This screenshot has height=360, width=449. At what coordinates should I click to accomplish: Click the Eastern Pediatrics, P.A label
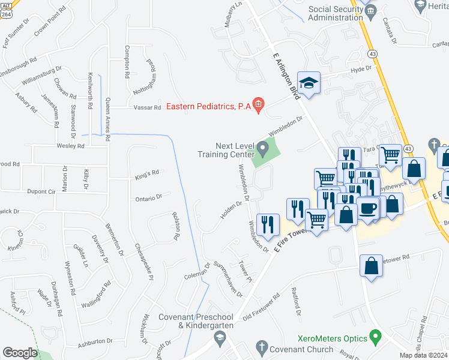click(208, 106)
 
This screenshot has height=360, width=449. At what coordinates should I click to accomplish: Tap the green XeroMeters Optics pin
click(376, 335)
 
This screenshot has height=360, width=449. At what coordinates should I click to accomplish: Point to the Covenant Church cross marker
click(261, 346)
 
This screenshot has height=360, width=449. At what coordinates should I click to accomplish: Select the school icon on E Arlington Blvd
click(309, 83)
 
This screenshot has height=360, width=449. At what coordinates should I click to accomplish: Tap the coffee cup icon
click(368, 209)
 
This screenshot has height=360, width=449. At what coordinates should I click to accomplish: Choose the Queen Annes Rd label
click(108, 119)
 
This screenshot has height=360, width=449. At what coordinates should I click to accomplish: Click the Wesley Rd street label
click(70, 146)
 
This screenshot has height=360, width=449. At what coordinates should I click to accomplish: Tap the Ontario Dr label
click(149, 197)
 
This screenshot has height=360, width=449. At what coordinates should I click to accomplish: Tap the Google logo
click(20, 353)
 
